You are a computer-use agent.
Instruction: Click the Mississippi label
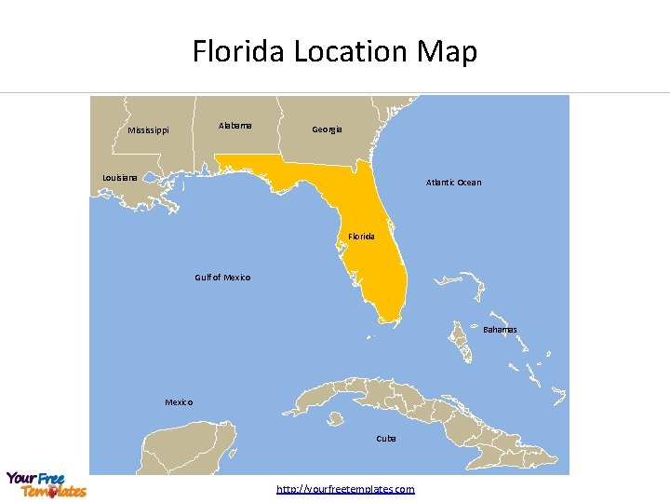(148, 130)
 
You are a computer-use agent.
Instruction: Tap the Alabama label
(234, 125)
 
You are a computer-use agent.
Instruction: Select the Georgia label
(327, 129)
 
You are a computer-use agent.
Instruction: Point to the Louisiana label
(120, 177)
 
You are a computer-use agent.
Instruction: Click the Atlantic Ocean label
(453, 183)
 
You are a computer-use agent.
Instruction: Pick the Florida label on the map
(362, 237)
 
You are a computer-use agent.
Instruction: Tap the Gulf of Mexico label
(222, 278)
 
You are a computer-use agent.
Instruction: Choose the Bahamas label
(500, 330)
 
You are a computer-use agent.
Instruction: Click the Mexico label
(179, 402)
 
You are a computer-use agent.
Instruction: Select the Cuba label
(386, 438)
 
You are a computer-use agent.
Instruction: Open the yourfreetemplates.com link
(345, 489)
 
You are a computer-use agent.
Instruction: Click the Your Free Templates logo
(45, 484)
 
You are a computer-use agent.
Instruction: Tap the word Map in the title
(449, 51)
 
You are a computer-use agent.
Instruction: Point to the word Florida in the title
(239, 51)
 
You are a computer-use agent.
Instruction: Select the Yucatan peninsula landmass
(186, 447)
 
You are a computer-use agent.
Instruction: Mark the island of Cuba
(419, 410)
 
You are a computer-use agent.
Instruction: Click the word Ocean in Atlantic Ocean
(469, 183)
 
